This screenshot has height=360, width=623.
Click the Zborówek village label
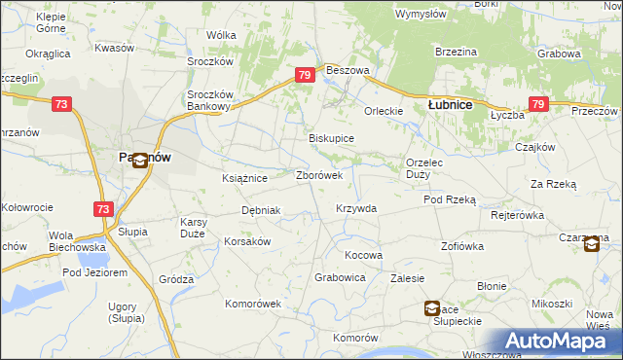pyautogui.click(x=318, y=176)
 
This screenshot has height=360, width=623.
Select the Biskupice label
pyautogui.click(x=331, y=138)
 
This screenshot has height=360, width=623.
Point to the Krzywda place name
pyautogui.click(x=355, y=208)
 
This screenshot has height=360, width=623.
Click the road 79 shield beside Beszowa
pyautogui.click(x=305, y=75)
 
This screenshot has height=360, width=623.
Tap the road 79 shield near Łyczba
pyautogui.click(x=538, y=104)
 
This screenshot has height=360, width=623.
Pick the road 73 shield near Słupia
pyautogui.click(x=103, y=208)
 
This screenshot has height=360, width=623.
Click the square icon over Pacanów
pyautogui.click(x=140, y=162)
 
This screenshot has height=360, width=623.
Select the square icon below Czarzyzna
pyautogui.click(x=592, y=245)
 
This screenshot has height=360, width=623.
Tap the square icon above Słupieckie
pyautogui.click(x=431, y=308)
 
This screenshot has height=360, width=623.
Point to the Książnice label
pyautogui.click(x=244, y=179)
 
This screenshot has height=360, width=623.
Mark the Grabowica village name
pyautogui.click(x=340, y=277)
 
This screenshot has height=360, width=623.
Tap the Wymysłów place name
pyautogui.click(x=421, y=14)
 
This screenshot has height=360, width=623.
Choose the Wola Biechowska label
pyautogui.click(x=75, y=240)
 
